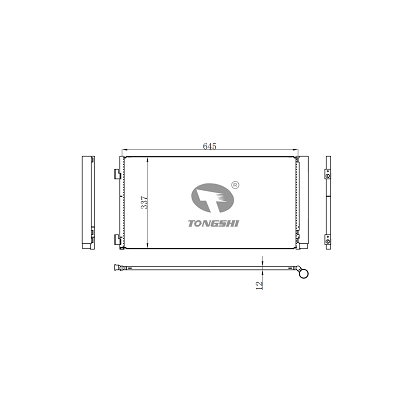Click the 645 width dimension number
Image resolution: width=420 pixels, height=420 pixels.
(210, 147)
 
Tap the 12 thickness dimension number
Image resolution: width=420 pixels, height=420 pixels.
(258, 285)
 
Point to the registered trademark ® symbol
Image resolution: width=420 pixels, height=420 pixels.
(234, 184)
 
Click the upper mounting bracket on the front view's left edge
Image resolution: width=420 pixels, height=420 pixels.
(119, 176)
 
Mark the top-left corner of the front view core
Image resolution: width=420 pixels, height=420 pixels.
(123, 158)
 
